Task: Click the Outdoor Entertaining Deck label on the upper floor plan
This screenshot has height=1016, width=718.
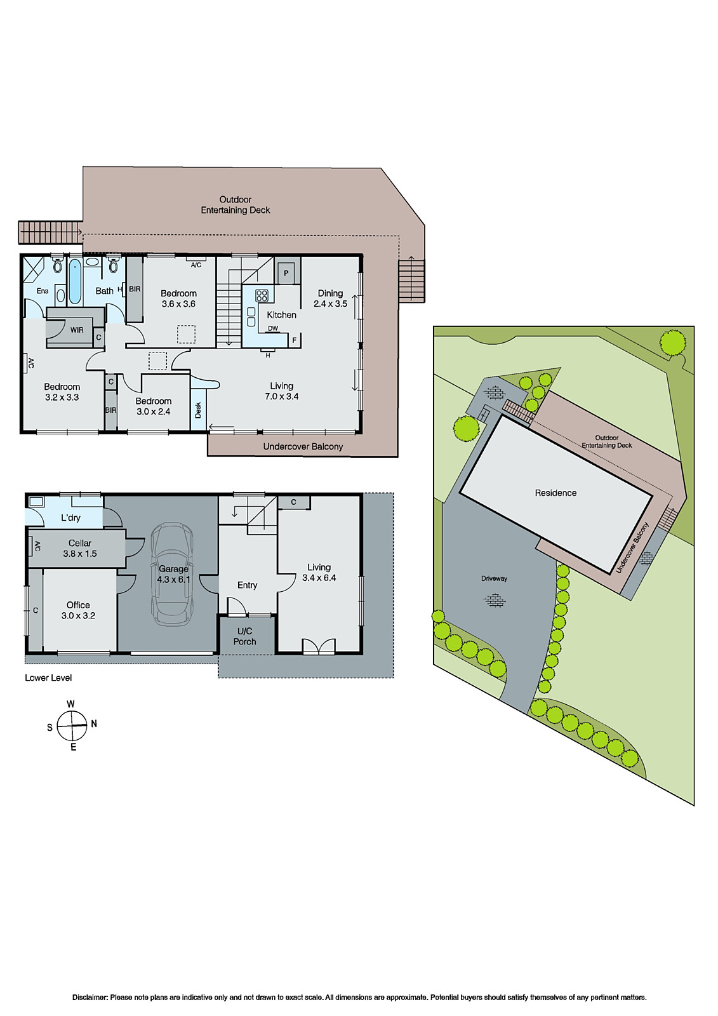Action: [x=236, y=204]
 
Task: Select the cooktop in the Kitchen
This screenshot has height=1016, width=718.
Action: [x=262, y=295]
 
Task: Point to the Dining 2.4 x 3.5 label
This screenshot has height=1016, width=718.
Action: [x=330, y=298]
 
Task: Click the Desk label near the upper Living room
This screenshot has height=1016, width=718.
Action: [x=198, y=410]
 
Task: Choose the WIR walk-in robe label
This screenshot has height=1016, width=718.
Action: [x=77, y=330]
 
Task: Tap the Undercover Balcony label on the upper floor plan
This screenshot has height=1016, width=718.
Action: [x=303, y=446]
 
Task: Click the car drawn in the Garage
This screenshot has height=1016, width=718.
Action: [x=172, y=573]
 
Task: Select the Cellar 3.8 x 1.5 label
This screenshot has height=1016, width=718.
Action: [x=80, y=548]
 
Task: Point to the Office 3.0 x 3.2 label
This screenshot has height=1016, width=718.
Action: [x=78, y=610]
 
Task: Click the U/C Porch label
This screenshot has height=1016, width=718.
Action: [x=245, y=636]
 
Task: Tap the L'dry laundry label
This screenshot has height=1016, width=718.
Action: [x=70, y=518]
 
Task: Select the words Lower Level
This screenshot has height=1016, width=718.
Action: [x=48, y=678]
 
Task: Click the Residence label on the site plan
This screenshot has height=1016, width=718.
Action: [x=555, y=493]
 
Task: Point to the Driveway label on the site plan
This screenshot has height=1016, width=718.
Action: [x=494, y=578]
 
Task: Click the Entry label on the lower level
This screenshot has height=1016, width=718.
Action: [x=247, y=585]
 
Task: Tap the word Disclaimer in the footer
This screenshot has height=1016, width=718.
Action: [x=90, y=997]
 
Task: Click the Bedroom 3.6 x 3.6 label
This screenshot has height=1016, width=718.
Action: [x=178, y=298]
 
